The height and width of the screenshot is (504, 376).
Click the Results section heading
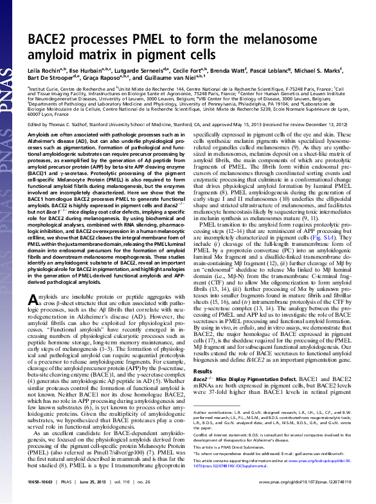[x=202, y=371]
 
